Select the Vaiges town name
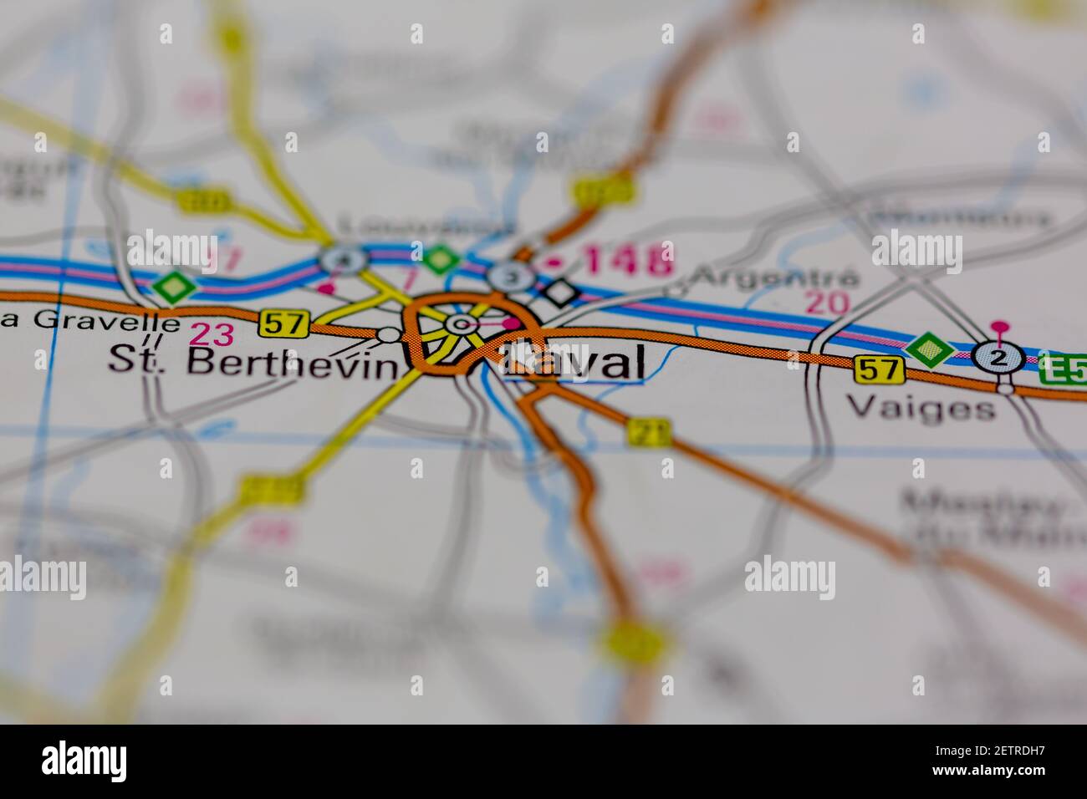(x=921, y=408)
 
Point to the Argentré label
(x=776, y=277)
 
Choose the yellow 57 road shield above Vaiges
(x=880, y=369)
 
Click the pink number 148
(x=628, y=260)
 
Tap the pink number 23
(x=211, y=334)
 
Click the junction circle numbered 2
(x=999, y=358)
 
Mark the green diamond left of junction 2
(x=930, y=350)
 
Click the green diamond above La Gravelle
(x=173, y=288)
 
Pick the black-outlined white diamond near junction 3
(x=560, y=292)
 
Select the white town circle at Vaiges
(x=1005, y=388)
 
